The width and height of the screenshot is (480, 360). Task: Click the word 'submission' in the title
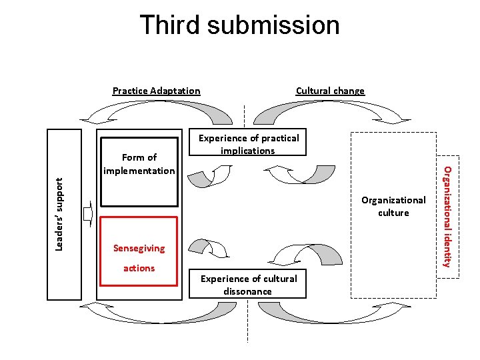point(273,26)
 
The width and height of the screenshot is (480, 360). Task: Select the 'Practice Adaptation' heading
point(156,91)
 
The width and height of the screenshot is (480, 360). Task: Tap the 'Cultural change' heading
point(330,91)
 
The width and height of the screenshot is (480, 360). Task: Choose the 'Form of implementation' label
point(139,164)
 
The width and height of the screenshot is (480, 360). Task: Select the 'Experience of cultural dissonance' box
point(249,285)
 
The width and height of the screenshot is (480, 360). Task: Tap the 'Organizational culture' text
point(393,206)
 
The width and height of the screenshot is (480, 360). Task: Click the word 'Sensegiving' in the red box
point(139,248)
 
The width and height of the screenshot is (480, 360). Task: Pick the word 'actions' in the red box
point(139,268)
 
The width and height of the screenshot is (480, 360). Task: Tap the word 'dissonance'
point(248,291)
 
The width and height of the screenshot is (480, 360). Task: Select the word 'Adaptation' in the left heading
point(175,91)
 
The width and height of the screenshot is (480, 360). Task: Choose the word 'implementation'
point(139,171)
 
